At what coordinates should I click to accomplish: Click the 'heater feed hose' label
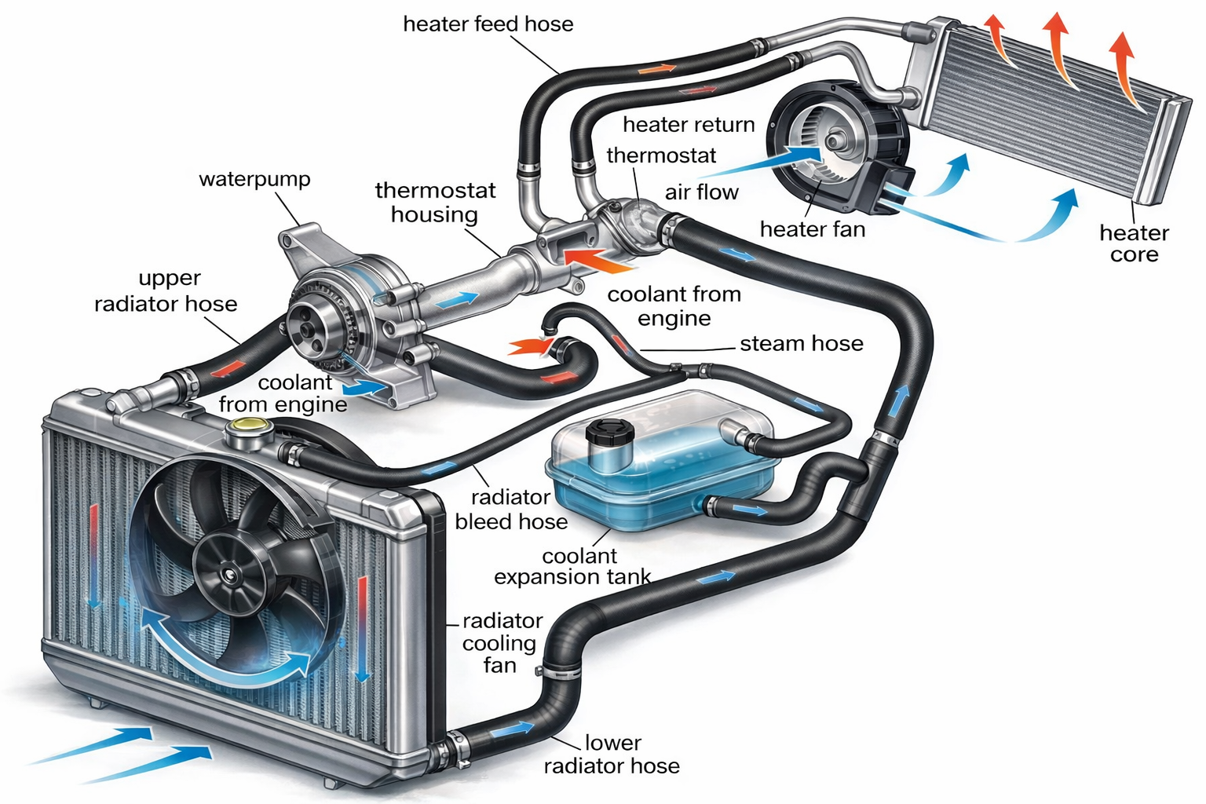[488, 24]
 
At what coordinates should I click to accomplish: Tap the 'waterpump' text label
[254, 179]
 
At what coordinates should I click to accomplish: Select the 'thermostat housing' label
[435, 203]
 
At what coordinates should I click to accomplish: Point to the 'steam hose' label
[801, 343]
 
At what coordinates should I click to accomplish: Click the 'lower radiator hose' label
[612, 754]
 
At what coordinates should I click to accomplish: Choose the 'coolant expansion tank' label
[573, 566]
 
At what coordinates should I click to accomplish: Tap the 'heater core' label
[1134, 243]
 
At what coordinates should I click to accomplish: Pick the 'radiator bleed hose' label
[511, 509]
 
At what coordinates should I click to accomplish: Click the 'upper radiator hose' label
[166, 291]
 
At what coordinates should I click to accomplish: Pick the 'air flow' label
[701, 192]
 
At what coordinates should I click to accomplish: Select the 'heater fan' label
[813, 229]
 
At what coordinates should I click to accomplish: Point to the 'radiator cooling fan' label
[501, 643]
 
